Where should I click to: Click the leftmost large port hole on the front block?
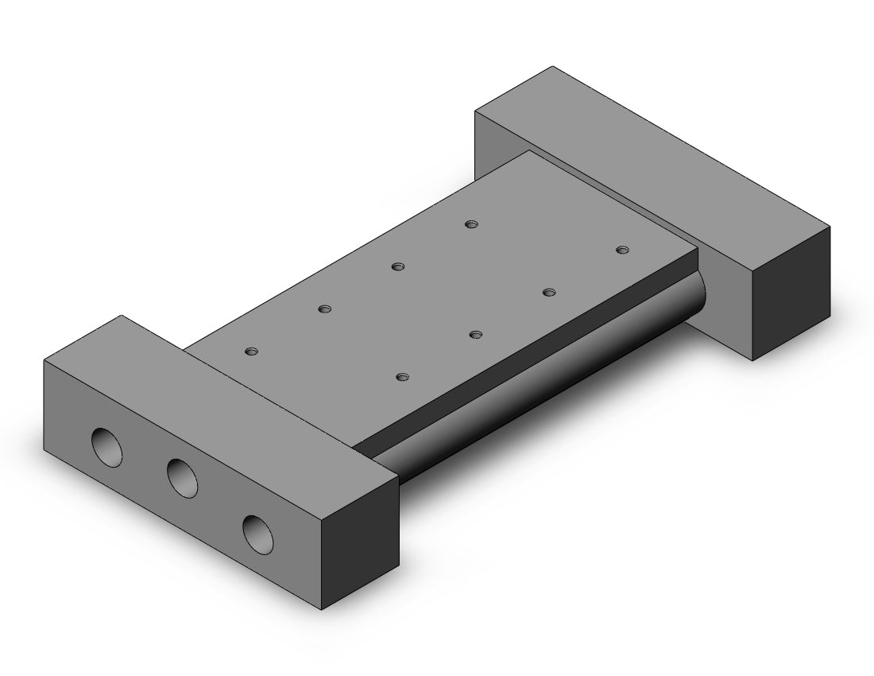[107, 446]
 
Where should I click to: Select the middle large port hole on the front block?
[183, 477]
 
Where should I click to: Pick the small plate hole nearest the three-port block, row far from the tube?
[252, 351]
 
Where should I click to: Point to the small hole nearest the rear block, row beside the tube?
[622, 250]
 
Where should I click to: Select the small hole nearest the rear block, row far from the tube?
[472, 224]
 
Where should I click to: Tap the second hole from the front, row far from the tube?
[323, 309]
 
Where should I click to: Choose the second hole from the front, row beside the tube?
[475, 334]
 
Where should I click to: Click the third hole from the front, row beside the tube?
[548, 292]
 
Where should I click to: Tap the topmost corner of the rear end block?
[553, 67]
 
